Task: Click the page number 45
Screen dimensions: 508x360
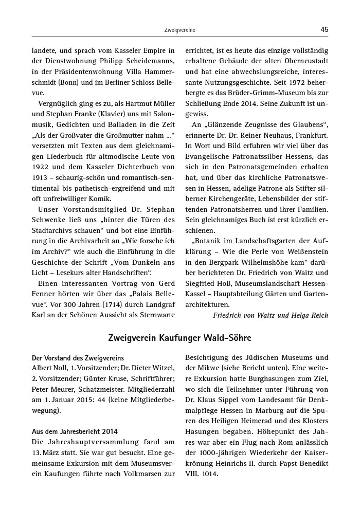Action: point(324,29)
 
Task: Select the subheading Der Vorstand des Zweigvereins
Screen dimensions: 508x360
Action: point(78,358)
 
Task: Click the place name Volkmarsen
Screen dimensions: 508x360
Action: point(140,474)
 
